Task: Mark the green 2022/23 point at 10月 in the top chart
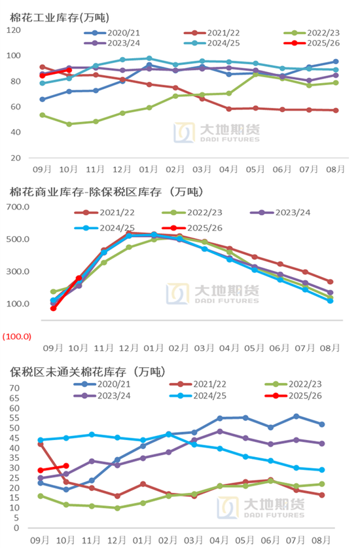(69, 124)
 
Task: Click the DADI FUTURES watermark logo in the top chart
(216, 131)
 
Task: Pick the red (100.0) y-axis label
(17, 336)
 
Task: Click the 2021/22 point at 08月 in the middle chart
(330, 282)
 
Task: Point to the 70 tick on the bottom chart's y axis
(14, 388)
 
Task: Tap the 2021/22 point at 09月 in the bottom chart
(41, 444)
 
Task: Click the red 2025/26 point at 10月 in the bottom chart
(65, 466)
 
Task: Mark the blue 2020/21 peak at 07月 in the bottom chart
(296, 416)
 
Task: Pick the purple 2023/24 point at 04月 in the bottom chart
(220, 431)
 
